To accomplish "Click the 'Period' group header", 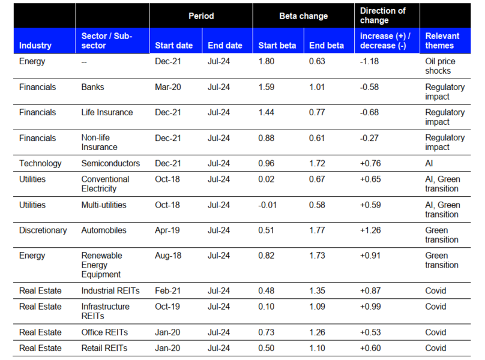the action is coord(201,16).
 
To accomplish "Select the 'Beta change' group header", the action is coord(304,16).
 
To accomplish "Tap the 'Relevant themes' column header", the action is coord(442,41).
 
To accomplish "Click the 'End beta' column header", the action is coord(327,46).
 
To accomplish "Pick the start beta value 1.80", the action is coord(267,61).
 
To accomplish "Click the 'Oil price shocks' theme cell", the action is coord(440,66).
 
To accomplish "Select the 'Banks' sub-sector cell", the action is coord(92,87).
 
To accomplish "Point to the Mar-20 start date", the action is coord(167,87).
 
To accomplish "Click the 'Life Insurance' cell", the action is coord(107,112).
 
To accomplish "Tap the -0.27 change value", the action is coord(369,138).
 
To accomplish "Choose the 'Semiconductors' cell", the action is coord(110,163).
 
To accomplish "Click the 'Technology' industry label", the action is coord(40,163).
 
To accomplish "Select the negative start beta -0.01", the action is coord(267,205).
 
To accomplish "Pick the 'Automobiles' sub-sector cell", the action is coord(104,230).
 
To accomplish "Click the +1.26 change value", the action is coord(370,230).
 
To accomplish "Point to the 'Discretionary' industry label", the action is coord(43,230).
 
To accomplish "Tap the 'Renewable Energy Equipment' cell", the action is coord(101,265).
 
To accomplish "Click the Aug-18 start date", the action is coord(168,256).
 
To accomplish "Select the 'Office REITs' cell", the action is coord(104,332).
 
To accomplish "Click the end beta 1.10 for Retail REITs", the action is coord(317,348).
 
